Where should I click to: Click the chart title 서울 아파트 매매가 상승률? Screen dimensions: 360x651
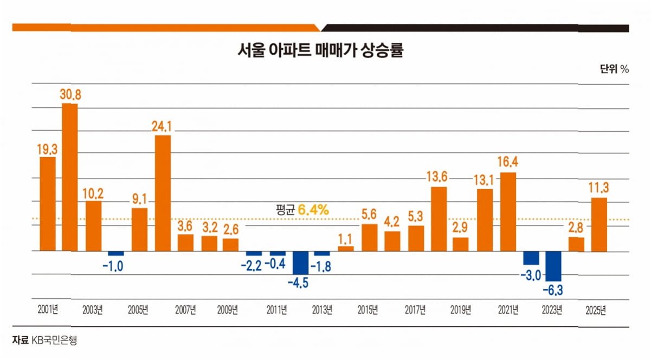(321, 51)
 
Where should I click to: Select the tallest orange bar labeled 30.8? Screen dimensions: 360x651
(69, 177)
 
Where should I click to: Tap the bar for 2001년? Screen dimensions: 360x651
(47, 203)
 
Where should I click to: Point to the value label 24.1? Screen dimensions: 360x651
(162, 126)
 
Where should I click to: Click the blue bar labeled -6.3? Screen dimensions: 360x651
(553, 266)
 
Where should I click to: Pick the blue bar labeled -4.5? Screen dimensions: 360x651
(301, 262)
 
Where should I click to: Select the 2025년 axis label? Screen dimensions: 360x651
(596, 310)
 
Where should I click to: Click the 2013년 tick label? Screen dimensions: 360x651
(323, 310)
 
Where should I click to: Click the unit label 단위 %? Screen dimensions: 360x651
(614, 69)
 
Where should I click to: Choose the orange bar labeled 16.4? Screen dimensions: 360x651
(508, 211)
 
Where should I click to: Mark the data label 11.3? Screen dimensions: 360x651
(599, 188)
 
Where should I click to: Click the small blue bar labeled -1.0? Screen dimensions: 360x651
(116, 253)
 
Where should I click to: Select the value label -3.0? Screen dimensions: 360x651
(531, 276)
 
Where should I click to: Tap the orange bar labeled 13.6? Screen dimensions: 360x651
(439, 218)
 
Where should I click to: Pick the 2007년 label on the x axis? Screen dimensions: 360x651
(185, 310)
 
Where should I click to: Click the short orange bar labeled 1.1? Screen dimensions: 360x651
(345, 248)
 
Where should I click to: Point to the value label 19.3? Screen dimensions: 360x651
(47, 147)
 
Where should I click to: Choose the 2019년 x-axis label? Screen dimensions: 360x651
(461, 310)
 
